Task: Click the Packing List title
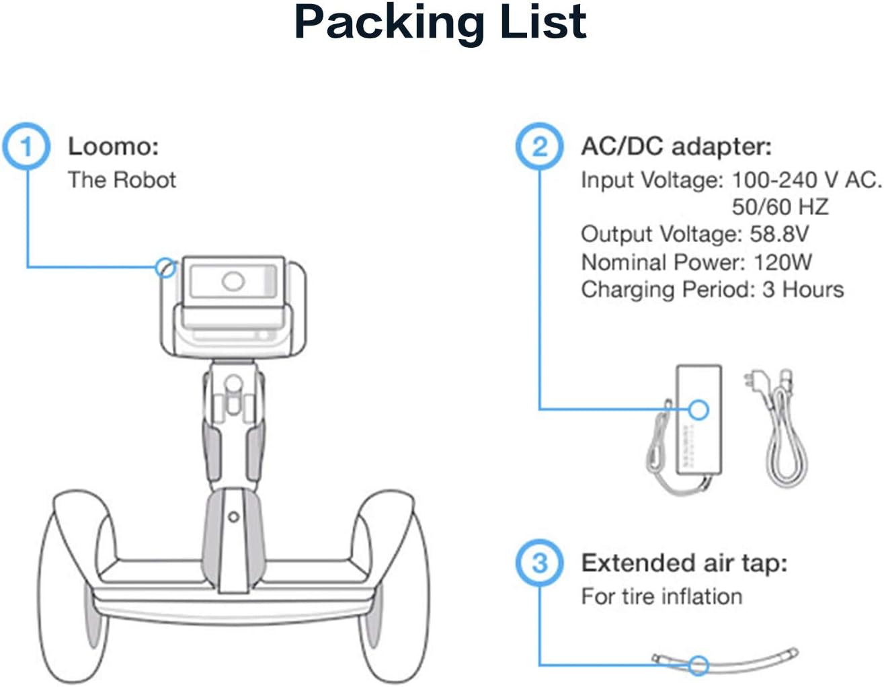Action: tap(440, 23)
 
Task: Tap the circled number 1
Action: tap(26, 146)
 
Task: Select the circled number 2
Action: tap(539, 146)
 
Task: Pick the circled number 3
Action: tap(539, 563)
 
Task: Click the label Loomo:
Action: tap(113, 146)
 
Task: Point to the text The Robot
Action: tap(122, 180)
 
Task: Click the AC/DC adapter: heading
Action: tap(676, 146)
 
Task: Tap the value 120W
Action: tap(782, 261)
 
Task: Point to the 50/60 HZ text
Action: tap(780, 206)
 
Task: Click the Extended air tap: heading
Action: tap(684, 563)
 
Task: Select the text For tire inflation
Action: tap(661, 596)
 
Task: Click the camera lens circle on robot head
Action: tap(233, 281)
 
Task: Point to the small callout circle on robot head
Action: tap(165, 268)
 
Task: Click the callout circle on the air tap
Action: tap(699, 665)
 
